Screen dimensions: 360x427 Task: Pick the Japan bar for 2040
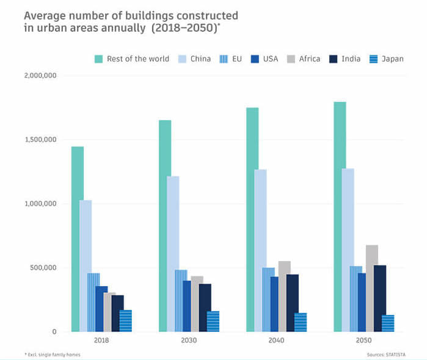click(301, 322)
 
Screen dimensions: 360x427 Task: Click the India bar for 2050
click(380, 298)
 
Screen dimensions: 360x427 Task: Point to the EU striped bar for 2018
click(93, 302)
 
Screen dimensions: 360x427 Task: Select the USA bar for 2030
click(187, 306)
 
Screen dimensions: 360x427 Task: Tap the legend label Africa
click(310, 59)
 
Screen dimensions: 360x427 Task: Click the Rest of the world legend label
click(138, 59)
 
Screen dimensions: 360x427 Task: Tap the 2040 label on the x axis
click(276, 340)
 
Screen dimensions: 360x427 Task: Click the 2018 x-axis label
click(101, 340)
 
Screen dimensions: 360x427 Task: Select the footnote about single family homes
click(52, 355)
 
